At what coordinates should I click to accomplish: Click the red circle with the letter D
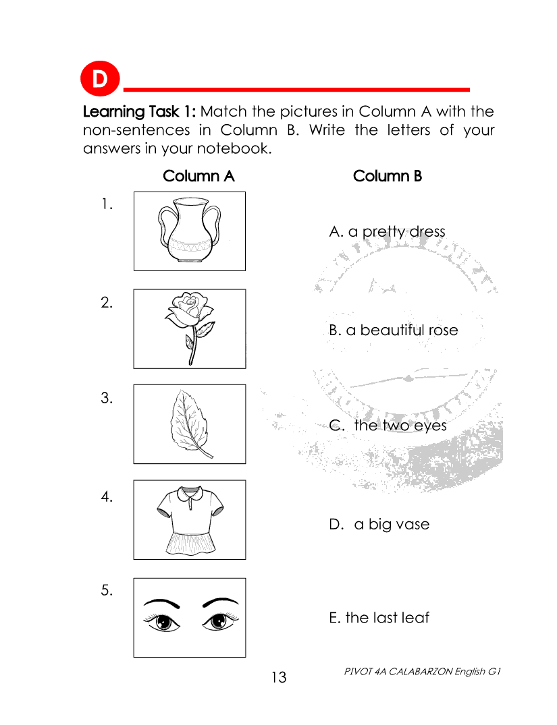pyautogui.click(x=100, y=79)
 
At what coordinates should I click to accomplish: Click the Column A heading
pyautogui.click(x=198, y=176)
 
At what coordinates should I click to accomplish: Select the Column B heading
pyautogui.click(x=388, y=176)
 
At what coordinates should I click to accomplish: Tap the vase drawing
pyautogui.click(x=189, y=230)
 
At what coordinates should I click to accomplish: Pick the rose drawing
pyautogui.click(x=190, y=328)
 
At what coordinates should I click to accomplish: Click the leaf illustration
pyautogui.click(x=190, y=424)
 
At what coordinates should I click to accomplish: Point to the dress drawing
pyautogui.click(x=190, y=520)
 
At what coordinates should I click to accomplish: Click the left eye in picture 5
pyautogui.click(x=162, y=621)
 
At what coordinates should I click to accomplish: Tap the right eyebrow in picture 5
pyautogui.click(x=221, y=602)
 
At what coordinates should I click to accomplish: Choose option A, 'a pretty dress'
pyautogui.click(x=387, y=231)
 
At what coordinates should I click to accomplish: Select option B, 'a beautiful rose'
pyautogui.click(x=394, y=330)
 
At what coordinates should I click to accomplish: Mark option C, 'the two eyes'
pyautogui.click(x=388, y=426)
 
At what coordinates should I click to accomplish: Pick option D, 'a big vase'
pyautogui.click(x=379, y=524)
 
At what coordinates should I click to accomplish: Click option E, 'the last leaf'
pyautogui.click(x=379, y=618)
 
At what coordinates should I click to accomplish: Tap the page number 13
pyautogui.click(x=279, y=677)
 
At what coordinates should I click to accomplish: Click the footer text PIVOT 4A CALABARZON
pyautogui.click(x=398, y=671)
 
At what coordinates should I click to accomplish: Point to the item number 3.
pyautogui.click(x=107, y=398)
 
